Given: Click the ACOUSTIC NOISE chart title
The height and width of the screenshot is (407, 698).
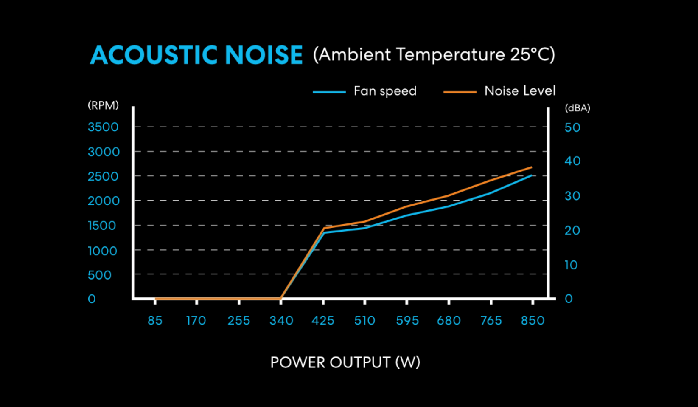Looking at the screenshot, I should pyautogui.click(x=196, y=55).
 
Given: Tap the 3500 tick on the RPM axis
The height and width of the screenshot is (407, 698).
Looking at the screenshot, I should pyautogui.click(x=103, y=127).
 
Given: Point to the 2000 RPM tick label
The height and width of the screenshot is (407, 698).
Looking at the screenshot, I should pyautogui.click(x=104, y=201).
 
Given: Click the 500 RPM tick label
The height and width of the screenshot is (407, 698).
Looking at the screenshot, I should pyautogui.click(x=99, y=275).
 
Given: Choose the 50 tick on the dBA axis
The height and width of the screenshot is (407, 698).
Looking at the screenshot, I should pyautogui.click(x=572, y=127).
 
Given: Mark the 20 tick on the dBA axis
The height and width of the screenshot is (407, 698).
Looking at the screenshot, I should pyautogui.click(x=572, y=231).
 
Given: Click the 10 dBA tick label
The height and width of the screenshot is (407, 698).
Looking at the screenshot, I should pyautogui.click(x=571, y=266).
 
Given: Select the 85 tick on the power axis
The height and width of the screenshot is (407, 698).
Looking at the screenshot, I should pyautogui.click(x=155, y=320).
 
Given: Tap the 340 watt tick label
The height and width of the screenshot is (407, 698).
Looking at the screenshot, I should pyautogui.click(x=281, y=320).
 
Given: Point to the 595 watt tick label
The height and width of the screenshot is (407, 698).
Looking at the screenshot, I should pyautogui.click(x=407, y=320).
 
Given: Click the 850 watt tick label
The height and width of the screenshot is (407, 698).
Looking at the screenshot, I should pyautogui.click(x=533, y=320).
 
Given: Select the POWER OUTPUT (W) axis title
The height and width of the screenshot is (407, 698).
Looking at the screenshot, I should pyautogui.click(x=345, y=362).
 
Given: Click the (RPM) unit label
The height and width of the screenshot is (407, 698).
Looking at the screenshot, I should pyautogui.click(x=103, y=105).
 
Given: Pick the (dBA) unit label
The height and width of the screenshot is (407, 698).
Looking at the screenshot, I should pyautogui.click(x=577, y=108).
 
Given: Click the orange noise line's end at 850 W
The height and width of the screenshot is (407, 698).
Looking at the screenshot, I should pyautogui.click(x=531, y=167).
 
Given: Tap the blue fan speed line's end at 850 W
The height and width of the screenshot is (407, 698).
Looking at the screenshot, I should pyautogui.click(x=531, y=175).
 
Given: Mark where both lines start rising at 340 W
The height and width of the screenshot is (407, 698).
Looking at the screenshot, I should pyautogui.click(x=281, y=298).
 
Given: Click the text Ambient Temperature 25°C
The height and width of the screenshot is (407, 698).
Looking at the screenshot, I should pyautogui.click(x=434, y=55).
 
